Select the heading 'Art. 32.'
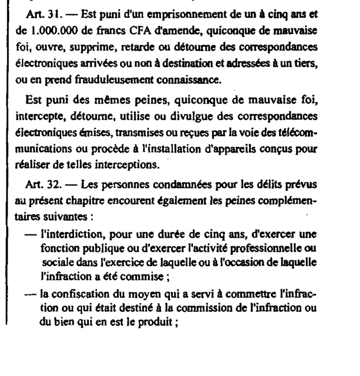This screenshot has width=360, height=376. [44, 185]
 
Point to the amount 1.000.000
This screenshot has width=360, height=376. [52, 31]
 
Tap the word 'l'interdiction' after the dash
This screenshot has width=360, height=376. [72, 234]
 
